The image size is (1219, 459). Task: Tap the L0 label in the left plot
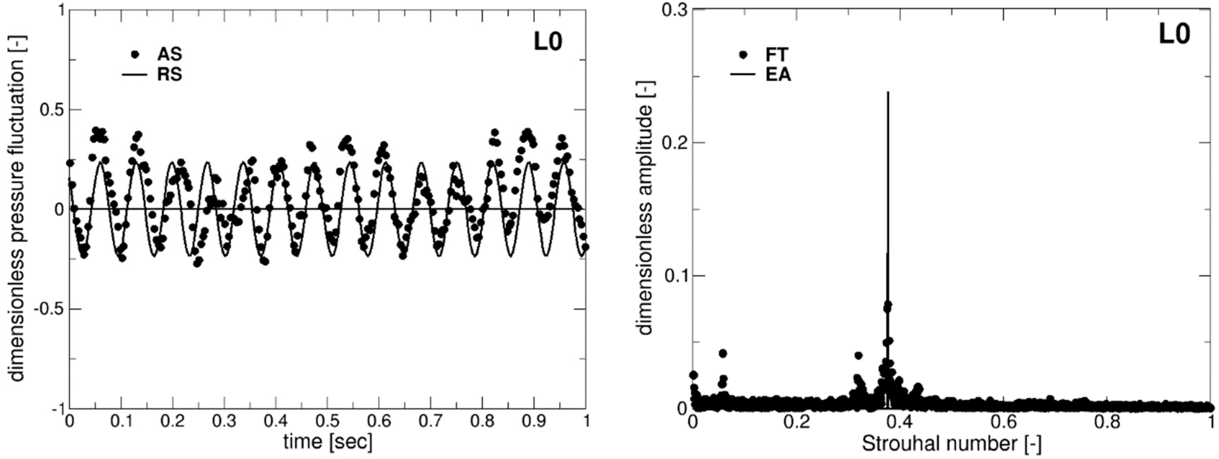(548, 42)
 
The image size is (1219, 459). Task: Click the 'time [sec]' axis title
(328, 442)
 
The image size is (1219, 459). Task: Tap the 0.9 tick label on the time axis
(534, 421)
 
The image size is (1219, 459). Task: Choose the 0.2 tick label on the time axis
(173, 421)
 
